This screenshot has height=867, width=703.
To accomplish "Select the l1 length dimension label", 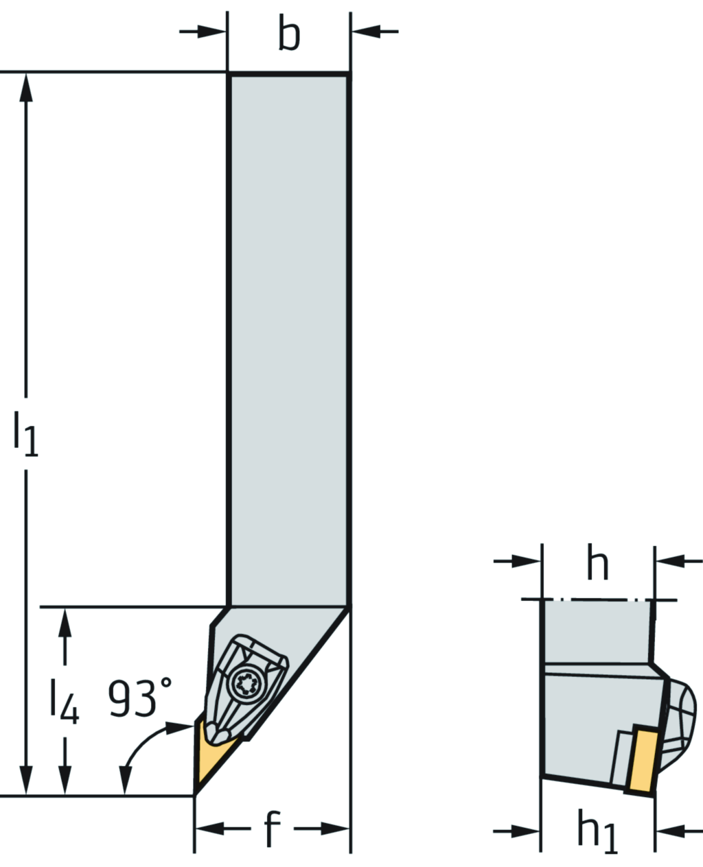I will (x=25, y=433).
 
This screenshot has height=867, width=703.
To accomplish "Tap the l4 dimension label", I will (x=64, y=702).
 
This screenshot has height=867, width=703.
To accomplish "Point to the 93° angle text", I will (x=140, y=698).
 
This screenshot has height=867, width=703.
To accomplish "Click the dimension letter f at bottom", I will (x=273, y=829).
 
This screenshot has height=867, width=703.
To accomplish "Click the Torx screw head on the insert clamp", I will (x=244, y=683).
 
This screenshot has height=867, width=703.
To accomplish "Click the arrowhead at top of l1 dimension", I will (x=26, y=86).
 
